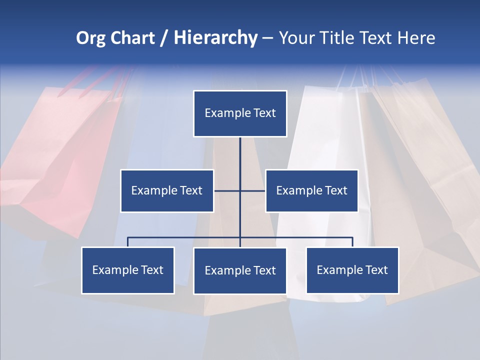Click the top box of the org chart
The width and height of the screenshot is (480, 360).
pos(240,113)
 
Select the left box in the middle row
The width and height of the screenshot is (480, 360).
pos(167,191)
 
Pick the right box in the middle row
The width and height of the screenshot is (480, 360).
pos(311,191)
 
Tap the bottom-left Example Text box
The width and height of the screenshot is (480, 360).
pos(128,270)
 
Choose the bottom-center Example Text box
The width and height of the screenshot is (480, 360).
pos(240,271)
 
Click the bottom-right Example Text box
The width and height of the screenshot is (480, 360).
pos(352,270)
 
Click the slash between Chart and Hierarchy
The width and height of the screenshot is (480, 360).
pos(163,38)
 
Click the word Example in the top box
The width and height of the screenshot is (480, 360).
pos(227,113)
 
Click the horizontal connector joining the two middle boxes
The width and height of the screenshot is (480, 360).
pos(228,190)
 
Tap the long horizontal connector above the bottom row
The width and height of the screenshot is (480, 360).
pos(185,237)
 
